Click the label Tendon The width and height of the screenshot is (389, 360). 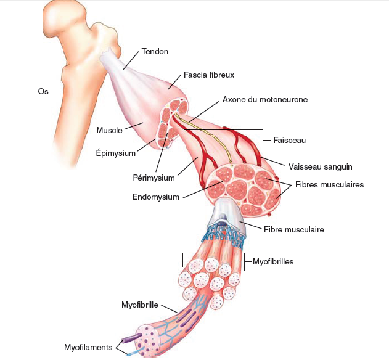(155, 51)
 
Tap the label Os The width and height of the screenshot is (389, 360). (43, 92)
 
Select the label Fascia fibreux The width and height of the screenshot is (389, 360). (209, 75)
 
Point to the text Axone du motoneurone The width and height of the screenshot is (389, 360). (265, 99)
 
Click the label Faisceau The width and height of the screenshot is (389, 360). (290, 140)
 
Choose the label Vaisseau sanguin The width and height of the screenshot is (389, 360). (321, 166)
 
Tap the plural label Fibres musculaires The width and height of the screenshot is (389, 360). (329, 184)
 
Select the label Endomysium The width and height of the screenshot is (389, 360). (156, 197)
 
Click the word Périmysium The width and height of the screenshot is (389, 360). (154, 178)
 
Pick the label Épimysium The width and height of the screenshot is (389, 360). (116, 153)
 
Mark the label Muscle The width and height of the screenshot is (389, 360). (109, 130)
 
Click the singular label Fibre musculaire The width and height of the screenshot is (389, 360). (293, 229)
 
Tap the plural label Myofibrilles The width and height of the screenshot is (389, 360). (273, 261)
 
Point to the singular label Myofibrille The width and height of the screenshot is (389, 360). (140, 305)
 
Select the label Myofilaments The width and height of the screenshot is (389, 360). (88, 347)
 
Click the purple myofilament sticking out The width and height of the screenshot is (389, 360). (131, 338)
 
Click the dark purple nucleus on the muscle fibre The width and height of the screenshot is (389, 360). (223, 224)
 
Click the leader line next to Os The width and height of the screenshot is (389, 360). (60, 92)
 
